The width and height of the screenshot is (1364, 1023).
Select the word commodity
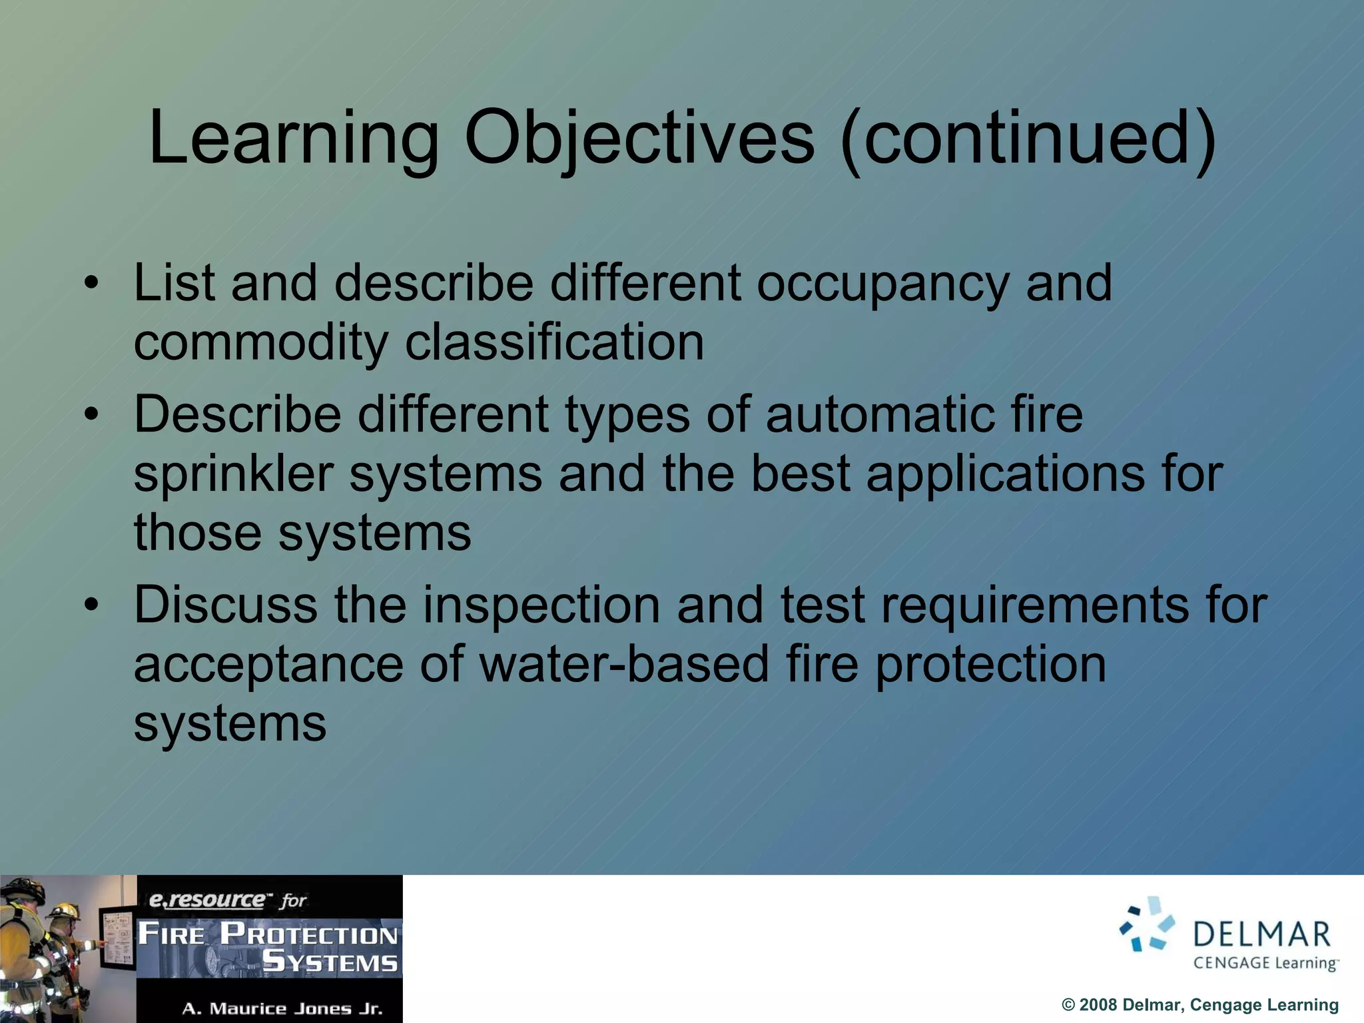260,342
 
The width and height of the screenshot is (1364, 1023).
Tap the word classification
554,342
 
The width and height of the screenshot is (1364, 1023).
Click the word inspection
541,605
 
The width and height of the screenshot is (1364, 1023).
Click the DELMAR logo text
1261,934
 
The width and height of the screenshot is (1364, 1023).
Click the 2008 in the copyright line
1098,1005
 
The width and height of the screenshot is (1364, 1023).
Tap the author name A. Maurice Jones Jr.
282,1008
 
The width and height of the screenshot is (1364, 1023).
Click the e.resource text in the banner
206,900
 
